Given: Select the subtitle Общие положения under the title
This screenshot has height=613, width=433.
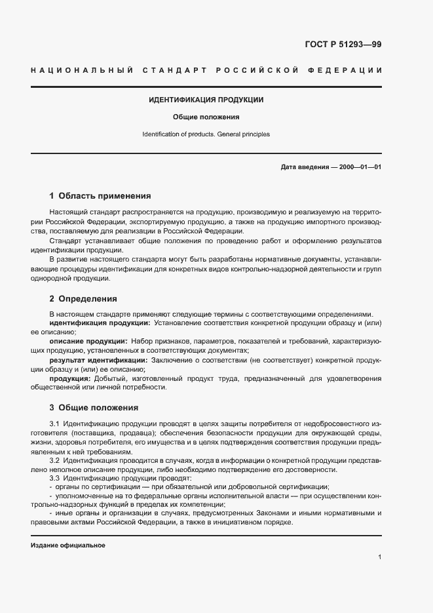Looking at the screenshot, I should point(206,117).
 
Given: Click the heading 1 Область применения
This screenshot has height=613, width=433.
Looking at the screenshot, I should point(100,195).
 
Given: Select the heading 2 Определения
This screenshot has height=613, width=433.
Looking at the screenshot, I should point(83,298).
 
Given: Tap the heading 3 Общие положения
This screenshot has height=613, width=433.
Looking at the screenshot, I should point(94,407).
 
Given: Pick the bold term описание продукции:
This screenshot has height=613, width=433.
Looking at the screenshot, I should point(88,342).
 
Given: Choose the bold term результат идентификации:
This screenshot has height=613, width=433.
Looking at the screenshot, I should point(98,360).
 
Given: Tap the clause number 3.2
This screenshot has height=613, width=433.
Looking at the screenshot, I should point(55,462).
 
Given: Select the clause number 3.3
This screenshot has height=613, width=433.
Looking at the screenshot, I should point(55,478).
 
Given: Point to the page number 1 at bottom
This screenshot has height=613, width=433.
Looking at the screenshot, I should point(379,557).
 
